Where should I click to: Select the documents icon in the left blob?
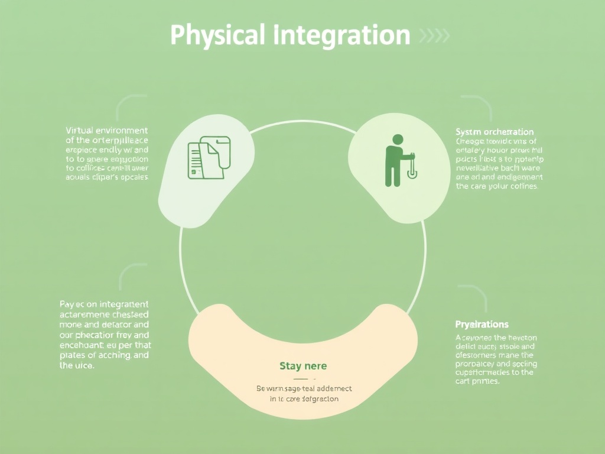(x=209, y=157)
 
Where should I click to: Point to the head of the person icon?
(x=398, y=140)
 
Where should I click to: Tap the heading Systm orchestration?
(x=495, y=132)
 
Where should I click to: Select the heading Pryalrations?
(x=482, y=324)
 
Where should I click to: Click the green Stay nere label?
(x=303, y=366)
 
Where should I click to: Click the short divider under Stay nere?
(x=303, y=378)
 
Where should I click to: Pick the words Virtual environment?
(x=107, y=130)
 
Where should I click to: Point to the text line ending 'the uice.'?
(x=77, y=366)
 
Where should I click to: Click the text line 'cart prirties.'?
(x=477, y=381)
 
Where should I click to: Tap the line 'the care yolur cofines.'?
(x=497, y=186)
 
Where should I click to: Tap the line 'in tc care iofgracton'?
(x=304, y=399)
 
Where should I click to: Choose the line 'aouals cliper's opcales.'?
(x=107, y=176)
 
